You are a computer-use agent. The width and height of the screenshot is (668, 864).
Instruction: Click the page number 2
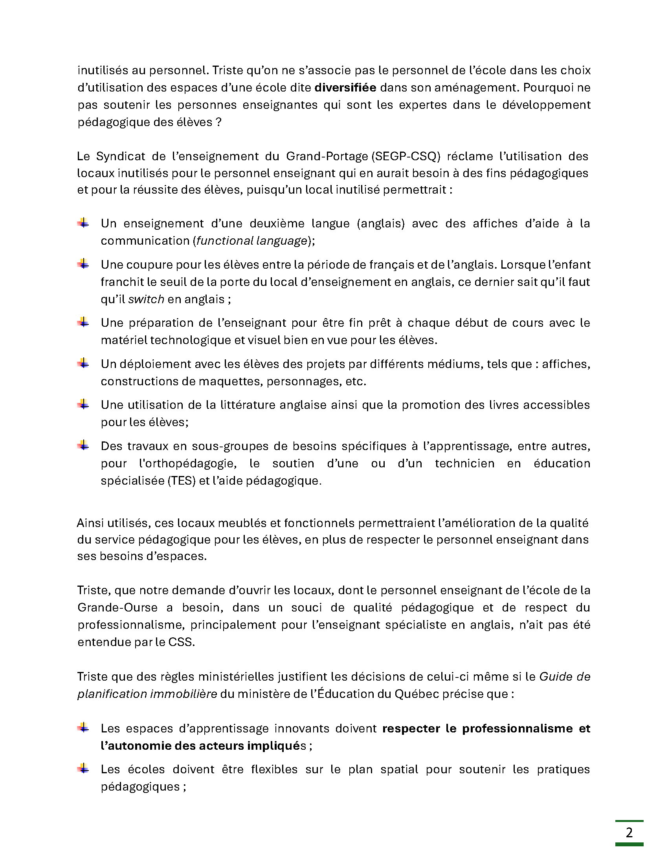629,832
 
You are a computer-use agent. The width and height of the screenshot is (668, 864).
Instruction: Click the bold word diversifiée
345,88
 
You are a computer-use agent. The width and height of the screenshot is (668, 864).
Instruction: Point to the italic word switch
146,299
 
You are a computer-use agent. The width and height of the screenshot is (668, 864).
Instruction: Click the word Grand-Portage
327,156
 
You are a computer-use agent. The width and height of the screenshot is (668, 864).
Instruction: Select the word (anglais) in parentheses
381,223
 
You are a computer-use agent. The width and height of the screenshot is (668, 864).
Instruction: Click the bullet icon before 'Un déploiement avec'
83,363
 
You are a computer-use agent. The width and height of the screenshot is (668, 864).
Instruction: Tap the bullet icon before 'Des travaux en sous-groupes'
83,445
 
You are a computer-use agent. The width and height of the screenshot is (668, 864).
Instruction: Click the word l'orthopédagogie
187,463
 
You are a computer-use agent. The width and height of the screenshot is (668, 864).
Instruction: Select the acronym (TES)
181,481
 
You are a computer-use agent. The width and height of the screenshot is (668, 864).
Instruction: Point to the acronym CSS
181,642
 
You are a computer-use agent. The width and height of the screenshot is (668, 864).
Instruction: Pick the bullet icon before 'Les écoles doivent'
83,768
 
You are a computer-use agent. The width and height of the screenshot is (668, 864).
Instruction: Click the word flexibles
274,769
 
